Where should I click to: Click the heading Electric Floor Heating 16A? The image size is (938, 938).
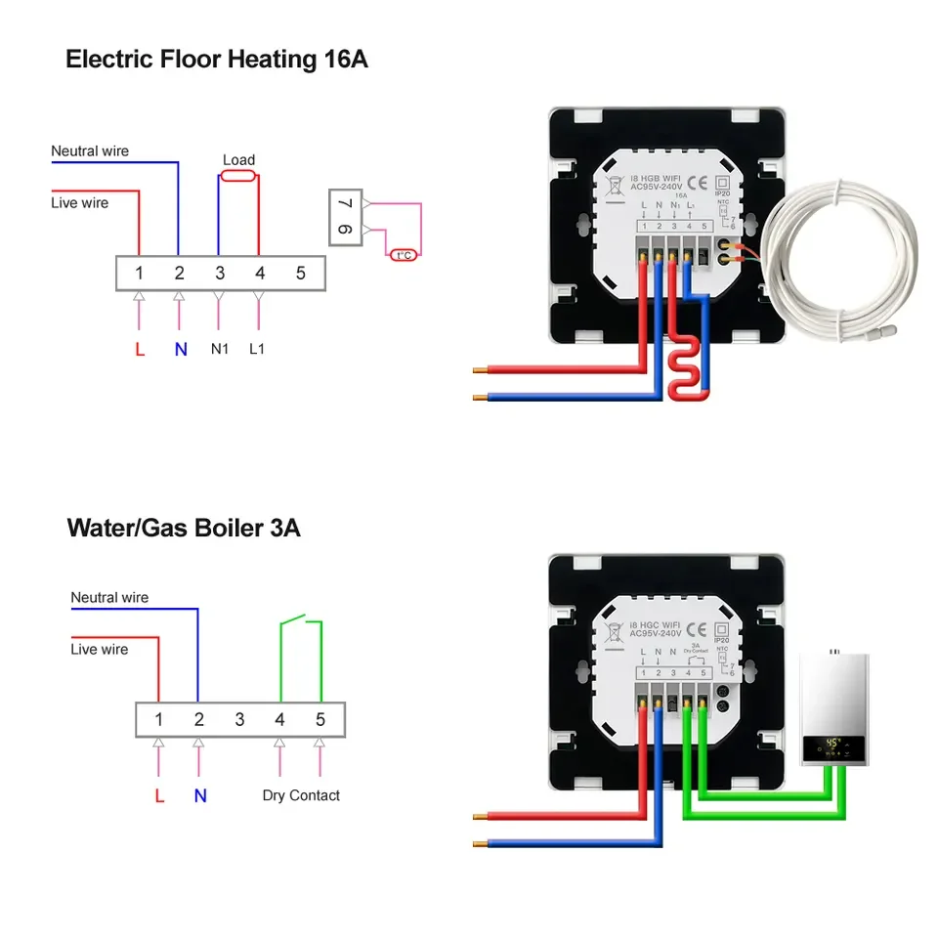[x=216, y=59]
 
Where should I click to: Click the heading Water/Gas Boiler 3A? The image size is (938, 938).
[x=184, y=529]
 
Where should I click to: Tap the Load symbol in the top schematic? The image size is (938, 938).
[x=238, y=176]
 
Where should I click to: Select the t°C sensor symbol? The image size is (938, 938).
[x=402, y=256]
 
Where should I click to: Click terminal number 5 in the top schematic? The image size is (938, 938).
[x=301, y=273]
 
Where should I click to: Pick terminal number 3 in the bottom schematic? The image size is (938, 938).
[x=239, y=720]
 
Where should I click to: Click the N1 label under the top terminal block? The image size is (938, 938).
[x=219, y=348]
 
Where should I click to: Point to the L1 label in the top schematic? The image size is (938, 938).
[x=257, y=348]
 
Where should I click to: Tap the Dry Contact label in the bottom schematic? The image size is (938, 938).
[x=301, y=795]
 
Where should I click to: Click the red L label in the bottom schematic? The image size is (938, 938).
[x=159, y=795]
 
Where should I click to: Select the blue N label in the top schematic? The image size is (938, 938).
[x=181, y=349]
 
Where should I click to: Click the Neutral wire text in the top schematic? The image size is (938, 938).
[x=90, y=151]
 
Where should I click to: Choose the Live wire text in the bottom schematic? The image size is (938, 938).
[x=99, y=649]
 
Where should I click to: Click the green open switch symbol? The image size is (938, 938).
[x=301, y=621]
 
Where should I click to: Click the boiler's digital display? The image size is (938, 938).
[x=832, y=747]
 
